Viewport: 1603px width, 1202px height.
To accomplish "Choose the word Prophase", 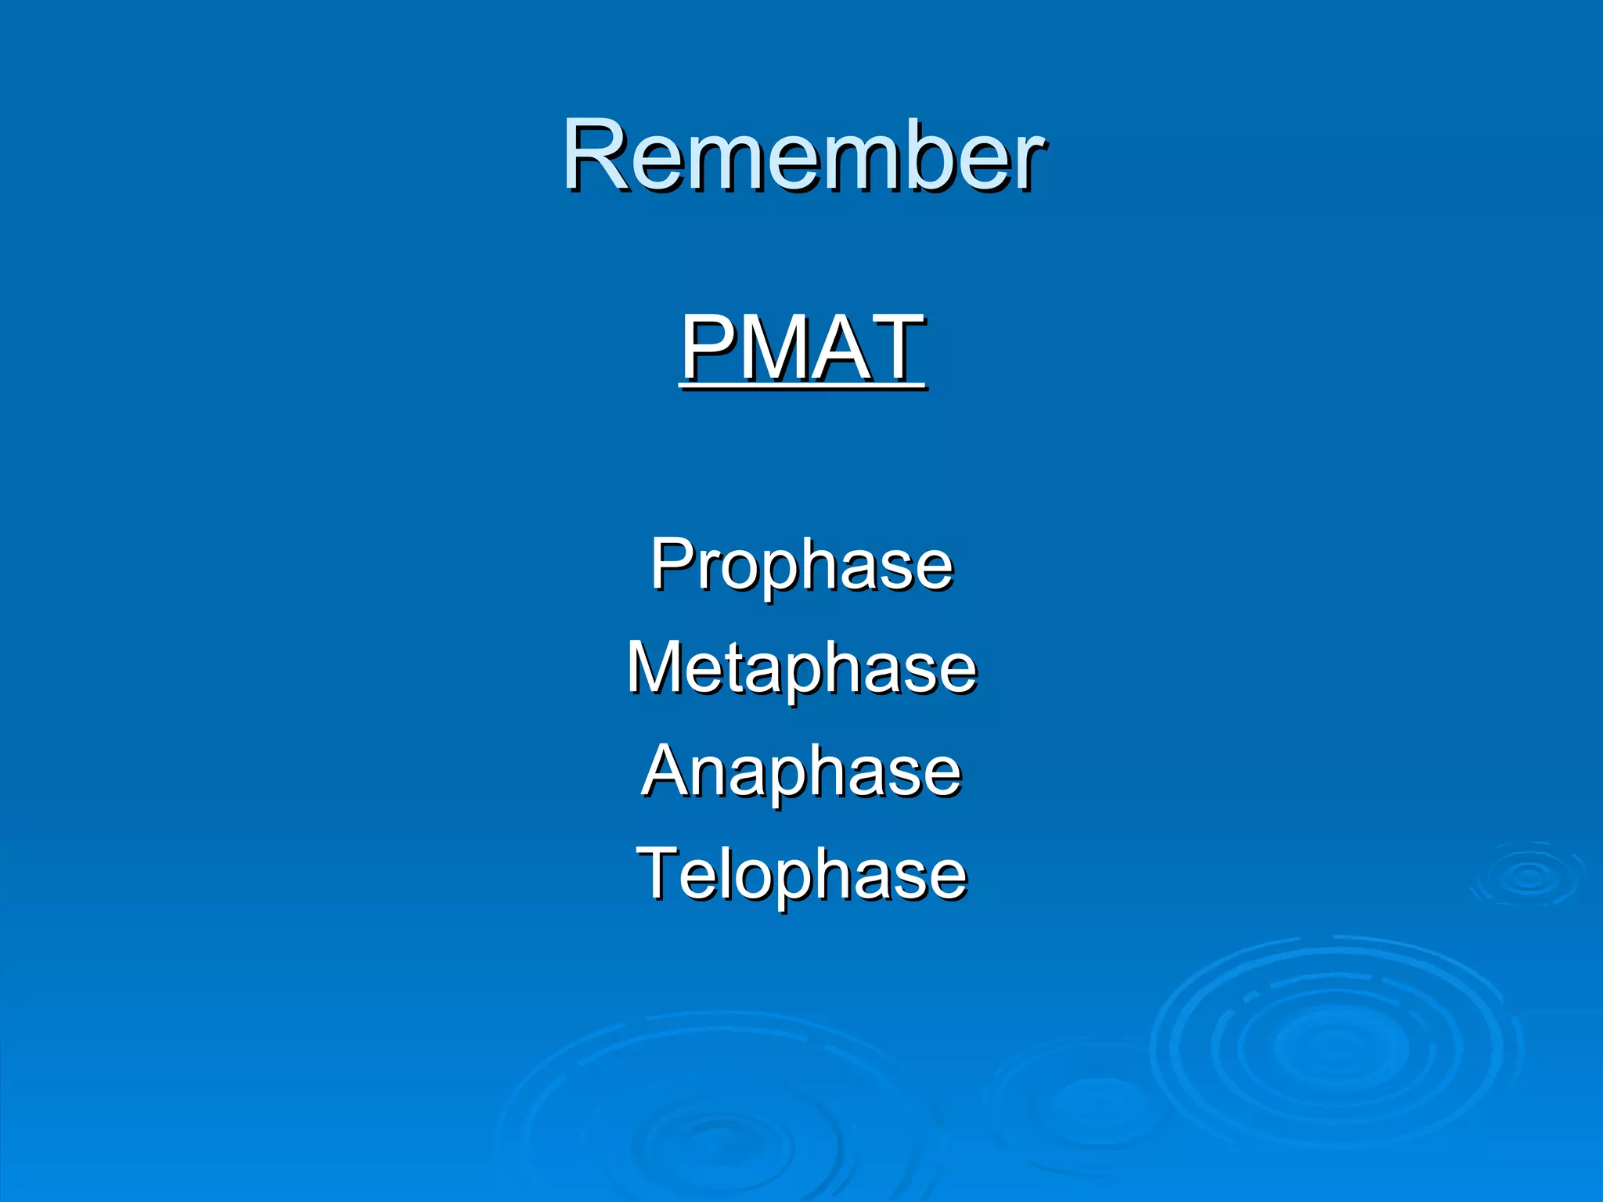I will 801,565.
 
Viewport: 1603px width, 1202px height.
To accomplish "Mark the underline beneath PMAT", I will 802,387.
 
